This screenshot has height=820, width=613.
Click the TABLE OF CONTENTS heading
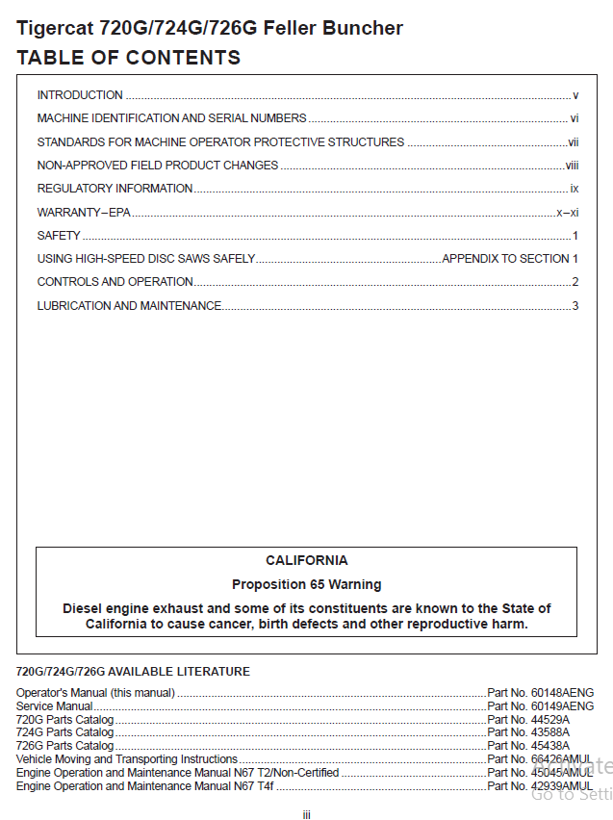(128, 58)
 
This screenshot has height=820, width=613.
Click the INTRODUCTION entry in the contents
(80, 95)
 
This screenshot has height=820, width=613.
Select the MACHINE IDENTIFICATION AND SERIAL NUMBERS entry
(171, 118)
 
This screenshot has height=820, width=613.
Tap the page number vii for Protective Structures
(573, 142)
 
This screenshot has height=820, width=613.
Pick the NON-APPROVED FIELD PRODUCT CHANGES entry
(158, 166)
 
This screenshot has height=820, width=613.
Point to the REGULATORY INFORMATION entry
(115, 189)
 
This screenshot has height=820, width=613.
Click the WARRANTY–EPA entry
(84, 212)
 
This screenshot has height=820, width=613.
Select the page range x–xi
(567, 212)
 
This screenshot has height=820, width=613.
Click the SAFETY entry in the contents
(59, 236)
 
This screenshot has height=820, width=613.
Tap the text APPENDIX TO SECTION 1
(509, 259)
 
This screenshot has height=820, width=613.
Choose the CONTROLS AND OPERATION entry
(115, 282)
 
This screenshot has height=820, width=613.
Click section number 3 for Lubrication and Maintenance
(575, 306)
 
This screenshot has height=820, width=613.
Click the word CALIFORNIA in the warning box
(306, 560)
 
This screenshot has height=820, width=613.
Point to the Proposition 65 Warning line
(306, 584)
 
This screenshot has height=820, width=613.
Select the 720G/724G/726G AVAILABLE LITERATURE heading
(133, 672)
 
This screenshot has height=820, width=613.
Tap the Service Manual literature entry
(55, 706)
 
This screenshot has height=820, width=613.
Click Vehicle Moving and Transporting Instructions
(127, 759)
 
